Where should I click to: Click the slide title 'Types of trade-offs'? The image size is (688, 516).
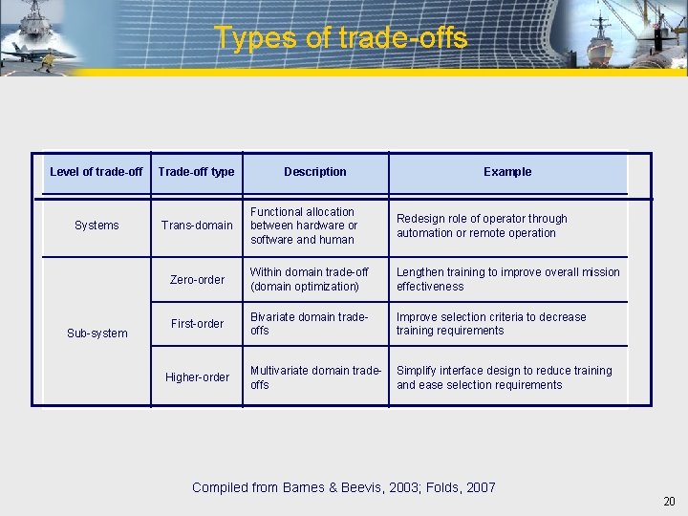coord(341,37)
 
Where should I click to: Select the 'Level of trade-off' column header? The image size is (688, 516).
coord(96,172)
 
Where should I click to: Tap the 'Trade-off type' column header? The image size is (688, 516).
coord(196,172)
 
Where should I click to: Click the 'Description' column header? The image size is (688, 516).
coord(315,172)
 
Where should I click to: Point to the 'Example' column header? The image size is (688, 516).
coord(507,172)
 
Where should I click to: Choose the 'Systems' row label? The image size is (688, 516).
coord(97,226)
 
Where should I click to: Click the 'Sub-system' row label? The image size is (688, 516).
coord(97,333)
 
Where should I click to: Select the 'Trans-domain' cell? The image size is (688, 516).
coord(197,226)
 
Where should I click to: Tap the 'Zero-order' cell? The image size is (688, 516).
coord(197,280)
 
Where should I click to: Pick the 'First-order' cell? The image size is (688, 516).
coord(197,324)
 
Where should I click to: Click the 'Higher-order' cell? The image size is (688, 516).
coord(197,377)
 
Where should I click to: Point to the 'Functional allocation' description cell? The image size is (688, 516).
coord(303,226)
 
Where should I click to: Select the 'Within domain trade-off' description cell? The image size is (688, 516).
coord(309,279)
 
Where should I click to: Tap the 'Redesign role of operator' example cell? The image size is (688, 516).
coord(482,226)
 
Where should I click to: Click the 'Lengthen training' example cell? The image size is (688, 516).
coord(507,279)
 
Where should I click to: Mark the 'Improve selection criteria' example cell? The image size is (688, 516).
coord(491,324)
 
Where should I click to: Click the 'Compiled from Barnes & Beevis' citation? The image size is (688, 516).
coord(344,487)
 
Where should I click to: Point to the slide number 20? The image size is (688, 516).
coord(668,502)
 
